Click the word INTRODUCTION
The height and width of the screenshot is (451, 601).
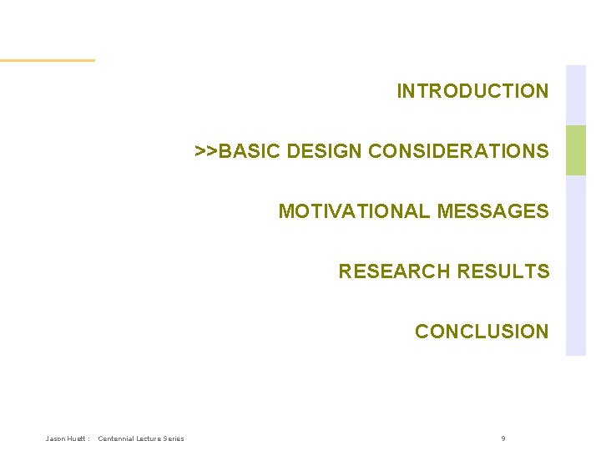point(472,91)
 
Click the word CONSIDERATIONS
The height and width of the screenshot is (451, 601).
point(458,151)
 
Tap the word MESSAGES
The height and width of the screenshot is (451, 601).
point(492,211)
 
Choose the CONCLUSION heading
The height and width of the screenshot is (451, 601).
point(482,332)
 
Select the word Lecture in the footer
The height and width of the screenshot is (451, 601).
point(149,438)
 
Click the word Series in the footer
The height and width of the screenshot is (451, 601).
point(174,438)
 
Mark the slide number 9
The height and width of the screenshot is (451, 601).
point(503,438)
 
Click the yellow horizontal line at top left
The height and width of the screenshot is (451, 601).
point(47,60)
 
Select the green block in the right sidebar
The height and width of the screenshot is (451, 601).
point(576,150)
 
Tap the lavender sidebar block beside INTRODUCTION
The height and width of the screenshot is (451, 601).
point(576,94)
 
